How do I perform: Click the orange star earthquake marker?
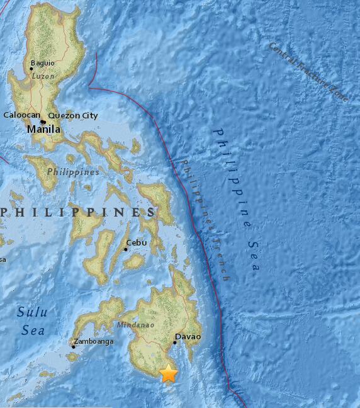click(x=168, y=373)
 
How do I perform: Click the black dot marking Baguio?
click(x=31, y=69)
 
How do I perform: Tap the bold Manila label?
click(x=44, y=129)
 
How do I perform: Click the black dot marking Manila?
click(x=42, y=122)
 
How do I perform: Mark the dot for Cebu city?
click(x=126, y=249)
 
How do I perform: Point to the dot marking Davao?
click(x=174, y=343)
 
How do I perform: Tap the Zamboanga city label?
click(x=94, y=341)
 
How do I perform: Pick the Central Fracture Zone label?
click(x=308, y=71)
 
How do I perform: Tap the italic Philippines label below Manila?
click(x=73, y=172)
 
